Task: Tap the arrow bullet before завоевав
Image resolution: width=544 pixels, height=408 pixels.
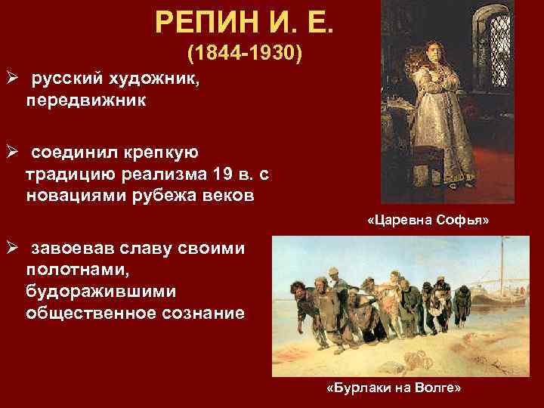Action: pos(12,250)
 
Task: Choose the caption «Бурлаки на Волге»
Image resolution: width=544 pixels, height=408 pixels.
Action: pos(392,387)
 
